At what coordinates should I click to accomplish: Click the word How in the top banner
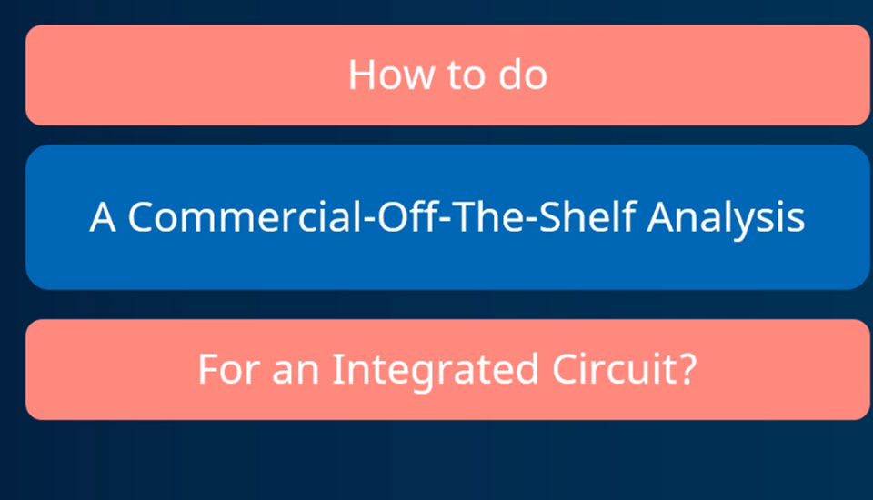[391, 75]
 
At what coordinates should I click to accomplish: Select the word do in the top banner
[523, 75]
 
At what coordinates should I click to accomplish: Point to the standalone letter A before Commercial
[103, 217]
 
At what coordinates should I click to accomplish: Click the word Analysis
[726, 218]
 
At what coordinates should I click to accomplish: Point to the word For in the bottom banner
[229, 368]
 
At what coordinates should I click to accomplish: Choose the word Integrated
[436, 371]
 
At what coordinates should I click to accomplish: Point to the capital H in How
[362, 75]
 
